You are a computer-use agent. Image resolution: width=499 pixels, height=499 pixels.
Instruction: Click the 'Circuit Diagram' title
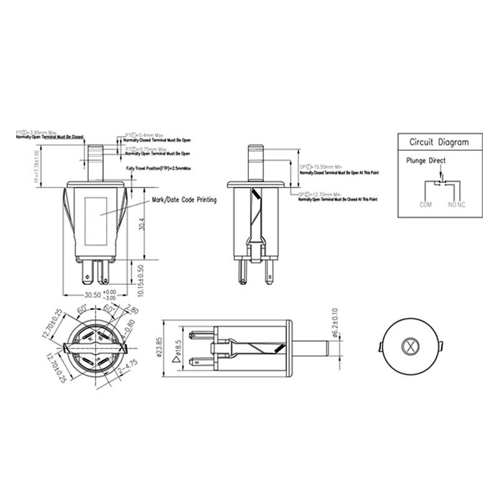(x=438, y=142)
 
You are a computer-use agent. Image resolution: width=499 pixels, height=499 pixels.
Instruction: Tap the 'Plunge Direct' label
(x=426, y=161)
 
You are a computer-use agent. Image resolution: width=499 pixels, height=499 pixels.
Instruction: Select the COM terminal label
(x=426, y=204)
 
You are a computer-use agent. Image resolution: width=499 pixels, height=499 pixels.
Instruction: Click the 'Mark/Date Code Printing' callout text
(x=184, y=200)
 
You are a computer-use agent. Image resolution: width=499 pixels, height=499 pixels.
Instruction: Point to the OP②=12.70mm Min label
(x=322, y=195)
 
